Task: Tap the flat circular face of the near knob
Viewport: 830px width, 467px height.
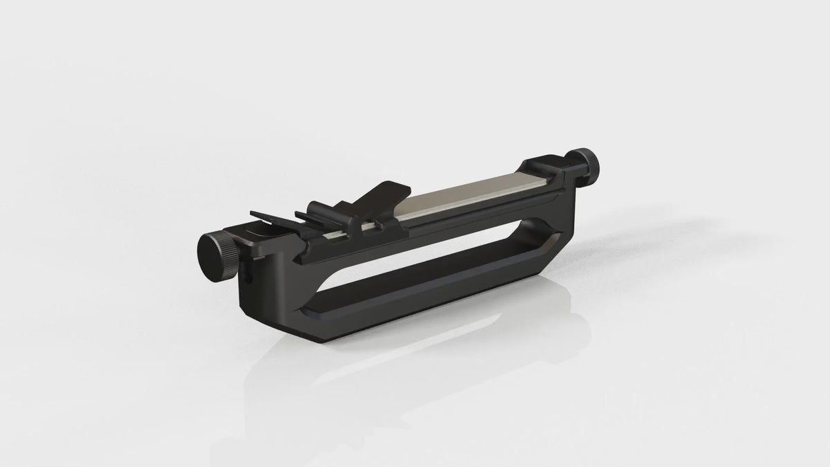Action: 208,247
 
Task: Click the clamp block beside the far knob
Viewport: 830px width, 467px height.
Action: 546,173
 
